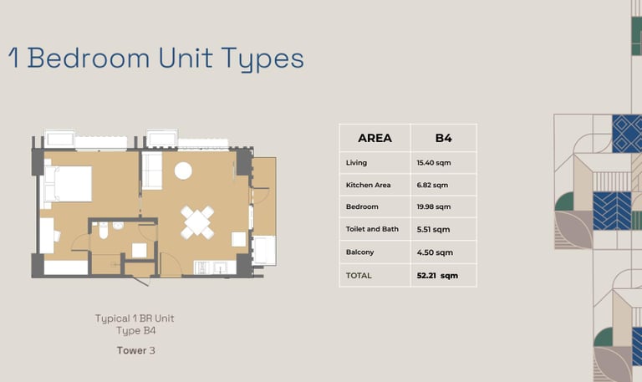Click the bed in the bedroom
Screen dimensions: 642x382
pos(68,183)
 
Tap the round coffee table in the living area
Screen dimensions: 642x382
pos(183,171)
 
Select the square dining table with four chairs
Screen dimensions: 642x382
pos(197,222)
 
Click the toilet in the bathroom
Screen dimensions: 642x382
pos(103,231)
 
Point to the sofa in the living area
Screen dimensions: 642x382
pos(152,171)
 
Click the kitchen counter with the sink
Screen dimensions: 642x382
pos(215,267)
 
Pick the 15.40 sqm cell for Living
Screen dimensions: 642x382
pos(434,162)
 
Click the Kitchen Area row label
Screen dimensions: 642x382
pos(368,185)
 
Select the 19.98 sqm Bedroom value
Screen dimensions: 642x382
pos(434,206)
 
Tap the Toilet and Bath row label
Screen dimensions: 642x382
pos(372,229)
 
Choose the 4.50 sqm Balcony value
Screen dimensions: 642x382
pos(435,252)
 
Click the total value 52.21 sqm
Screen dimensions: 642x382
pos(437,276)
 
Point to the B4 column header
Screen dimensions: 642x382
pos(443,138)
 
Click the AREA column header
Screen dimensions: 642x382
pos(374,138)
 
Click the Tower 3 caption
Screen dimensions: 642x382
pos(136,350)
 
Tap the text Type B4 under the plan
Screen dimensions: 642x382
pos(136,330)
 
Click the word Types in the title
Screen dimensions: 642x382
pos(262,60)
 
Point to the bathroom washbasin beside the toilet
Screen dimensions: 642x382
pos(118,225)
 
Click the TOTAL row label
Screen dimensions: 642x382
pos(359,276)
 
